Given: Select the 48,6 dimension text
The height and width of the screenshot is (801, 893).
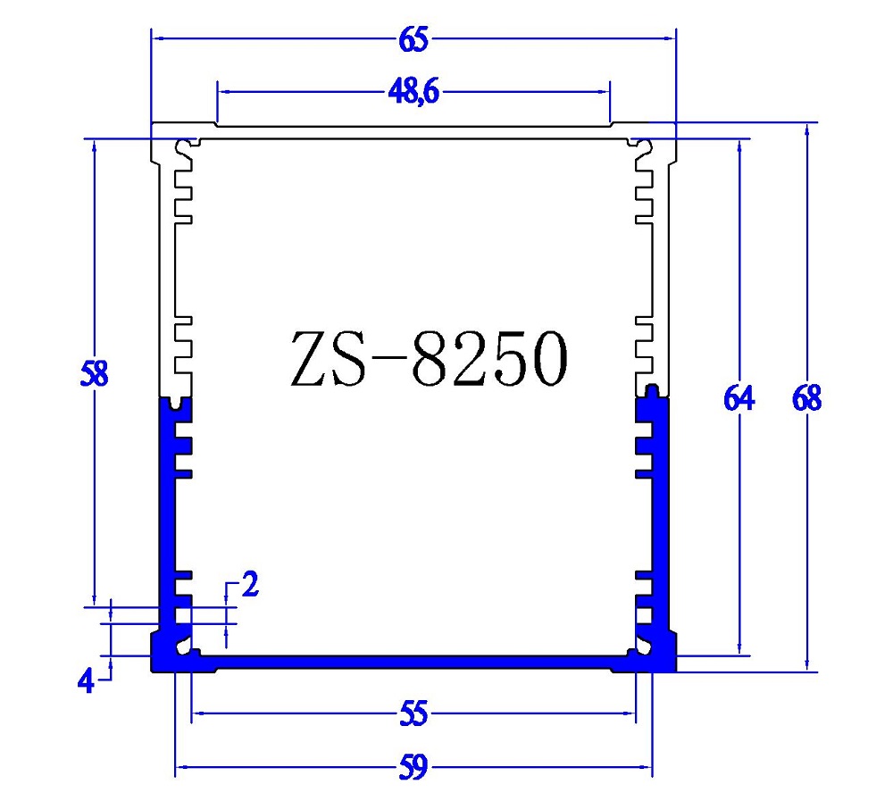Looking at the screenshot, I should tap(413, 92).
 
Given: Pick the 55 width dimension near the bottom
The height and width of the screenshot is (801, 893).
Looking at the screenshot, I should tap(414, 713).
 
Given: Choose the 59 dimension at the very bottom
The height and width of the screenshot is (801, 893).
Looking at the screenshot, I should tap(414, 767).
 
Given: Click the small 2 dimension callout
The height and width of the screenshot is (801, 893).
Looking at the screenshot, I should tap(250, 585).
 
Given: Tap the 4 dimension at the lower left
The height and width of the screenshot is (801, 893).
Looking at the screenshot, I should tap(86, 682).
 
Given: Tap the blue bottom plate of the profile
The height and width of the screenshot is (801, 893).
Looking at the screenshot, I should tap(411, 662).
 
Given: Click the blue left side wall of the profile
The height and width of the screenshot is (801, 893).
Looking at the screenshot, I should tap(165, 518).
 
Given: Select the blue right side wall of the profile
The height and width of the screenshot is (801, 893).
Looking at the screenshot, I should tap(663, 518).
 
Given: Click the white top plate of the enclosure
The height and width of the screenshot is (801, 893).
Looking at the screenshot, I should tap(411, 131).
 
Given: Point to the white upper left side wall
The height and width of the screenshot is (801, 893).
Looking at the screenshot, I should tap(164, 268).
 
